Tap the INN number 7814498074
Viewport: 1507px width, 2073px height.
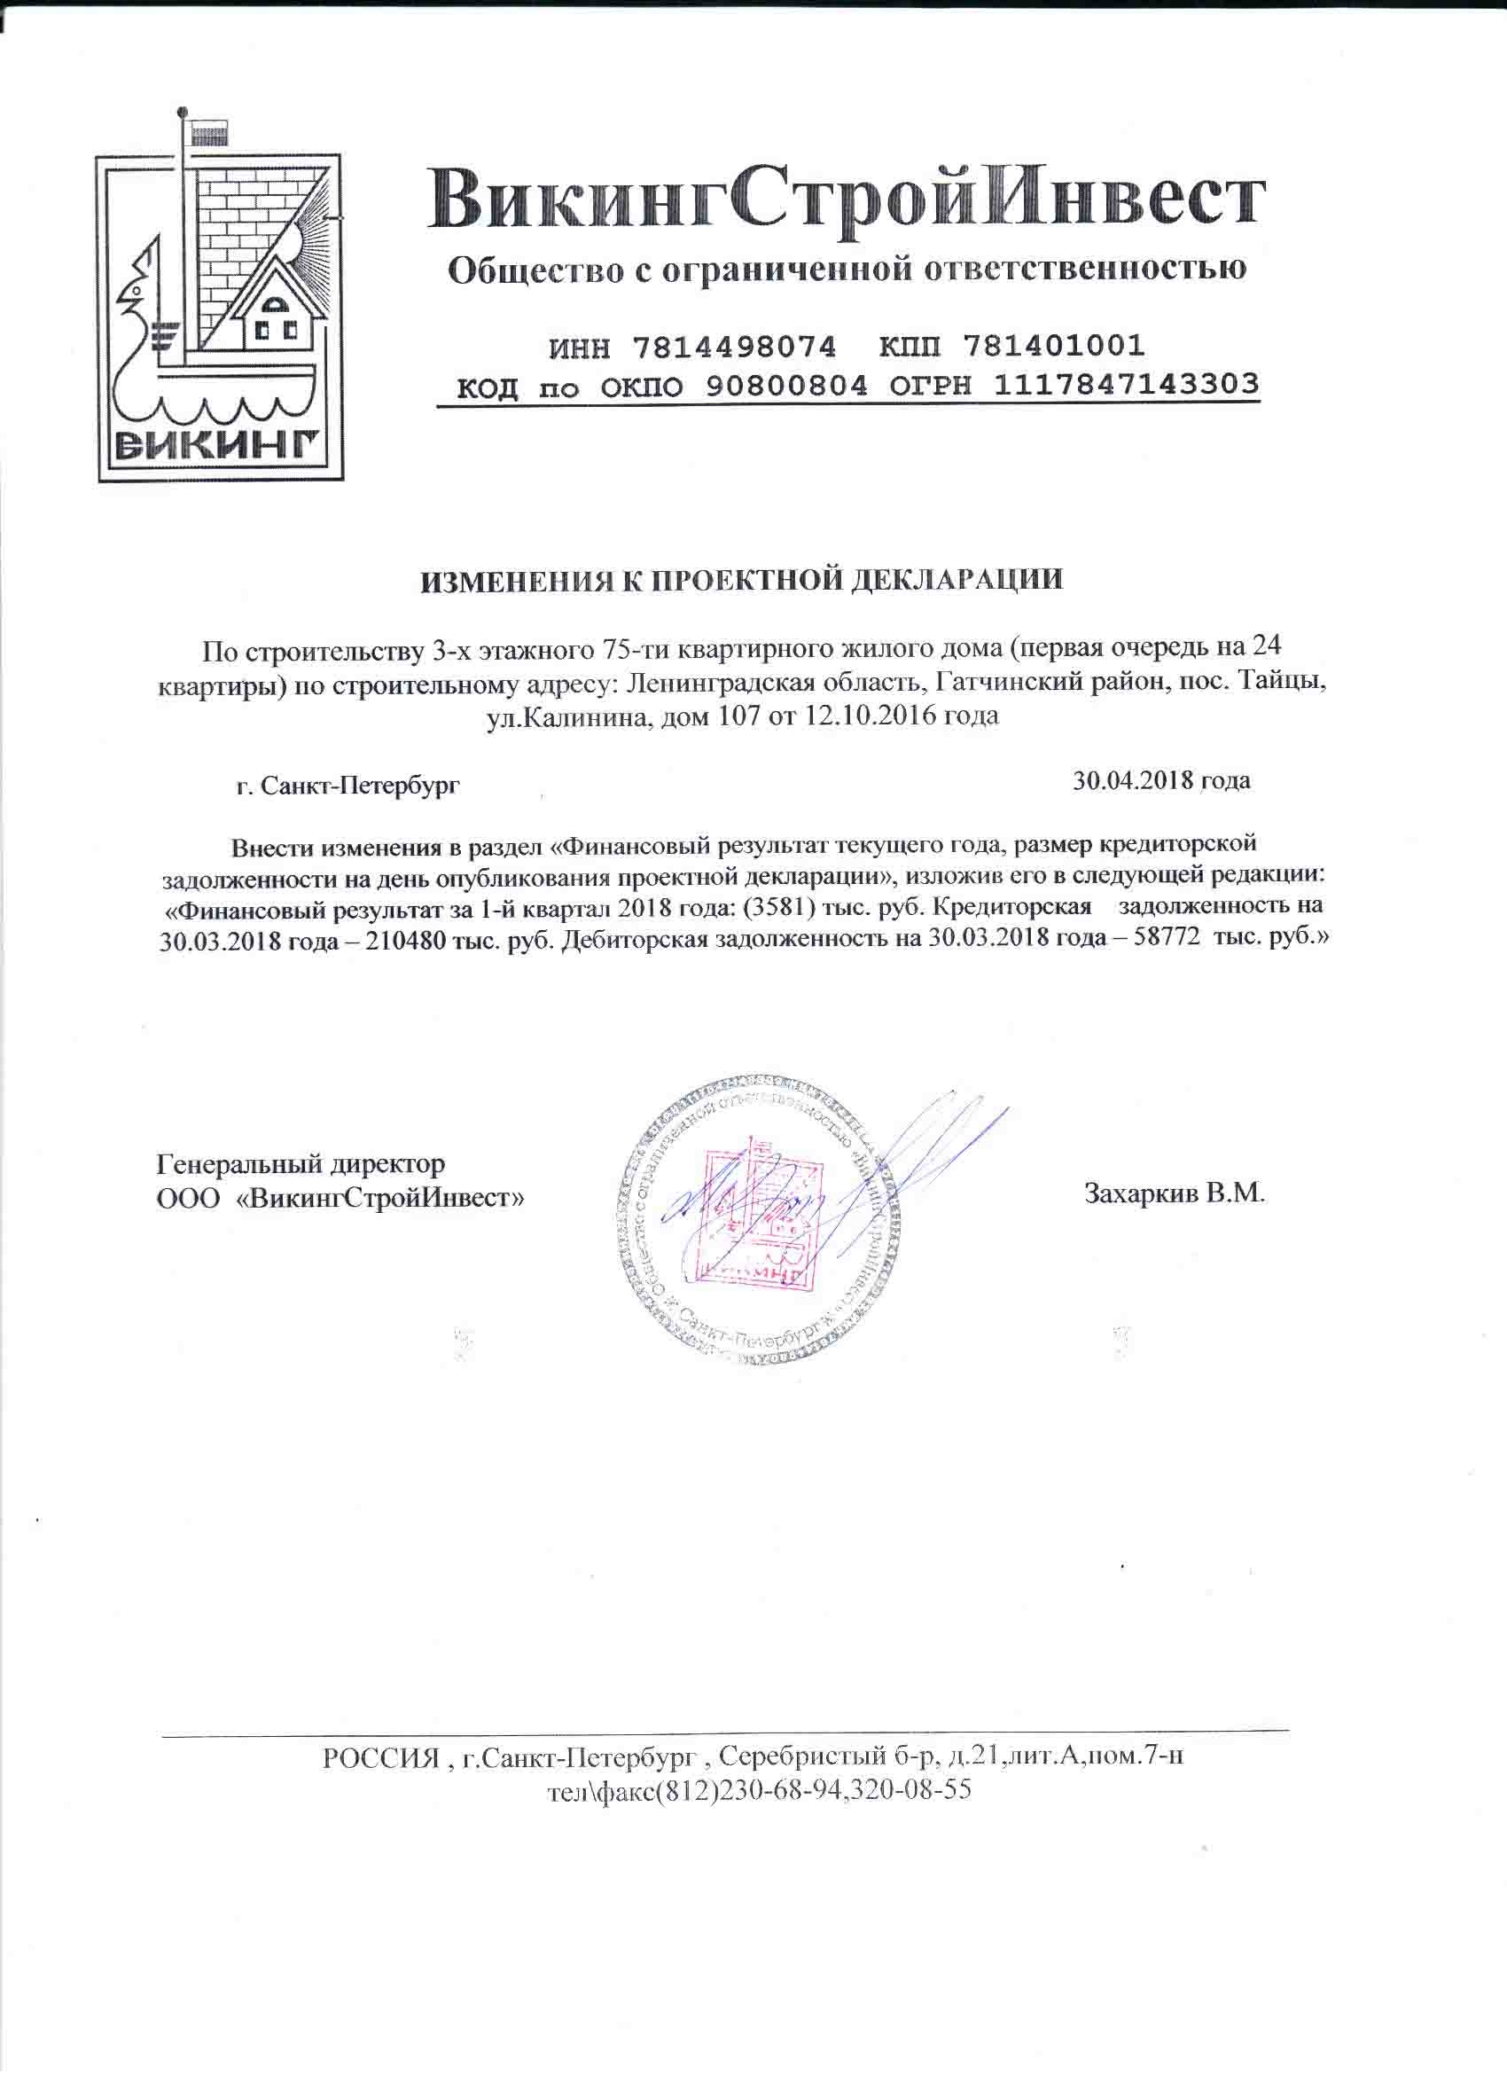(x=733, y=347)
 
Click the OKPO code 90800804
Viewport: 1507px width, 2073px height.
(x=786, y=387)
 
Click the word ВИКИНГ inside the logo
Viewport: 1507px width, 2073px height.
(x=219, y=446)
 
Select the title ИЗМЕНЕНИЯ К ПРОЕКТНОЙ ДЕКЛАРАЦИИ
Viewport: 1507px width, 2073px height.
(x=741, y=582)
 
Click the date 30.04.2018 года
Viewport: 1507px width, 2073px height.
(x=1160, y=780)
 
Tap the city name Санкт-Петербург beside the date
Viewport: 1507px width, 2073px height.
(x=359, y=786)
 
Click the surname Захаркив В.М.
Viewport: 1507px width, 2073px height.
(x=1174, y=1193)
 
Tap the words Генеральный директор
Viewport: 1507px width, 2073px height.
(x=301, y=1164)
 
